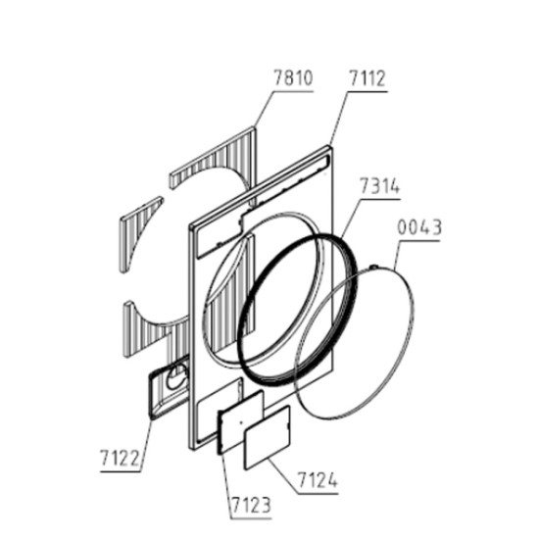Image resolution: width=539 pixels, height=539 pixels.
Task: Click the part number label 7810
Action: tap(293, 78)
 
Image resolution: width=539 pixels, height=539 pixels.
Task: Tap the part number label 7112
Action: tap(367, 78)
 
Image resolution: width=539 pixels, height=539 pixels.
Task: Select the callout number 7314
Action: tap(380, 186)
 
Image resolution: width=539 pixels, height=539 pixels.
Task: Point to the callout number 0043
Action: tap(419, 227)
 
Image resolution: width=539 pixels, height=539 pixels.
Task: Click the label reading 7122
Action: tap(120, 459)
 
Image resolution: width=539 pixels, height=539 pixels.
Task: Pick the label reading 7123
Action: tap(251, 506)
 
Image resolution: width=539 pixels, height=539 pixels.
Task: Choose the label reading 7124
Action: tap(318, 480)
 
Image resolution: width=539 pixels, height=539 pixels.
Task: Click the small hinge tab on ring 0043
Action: tap(374, 267)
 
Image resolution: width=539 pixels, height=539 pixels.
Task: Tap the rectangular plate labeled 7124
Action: tap(268, 437)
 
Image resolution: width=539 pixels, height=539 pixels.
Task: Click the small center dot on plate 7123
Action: tap(241, 422)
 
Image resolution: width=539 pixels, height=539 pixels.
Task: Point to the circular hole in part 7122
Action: tap(176, 377)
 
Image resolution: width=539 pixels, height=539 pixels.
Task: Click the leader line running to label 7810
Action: tap(264, 109)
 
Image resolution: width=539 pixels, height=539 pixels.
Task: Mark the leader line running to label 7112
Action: tap(339, 119)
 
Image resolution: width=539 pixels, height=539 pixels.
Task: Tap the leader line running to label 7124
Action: tap(283, 476)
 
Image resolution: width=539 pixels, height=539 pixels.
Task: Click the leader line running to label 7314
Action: tap(352, 218)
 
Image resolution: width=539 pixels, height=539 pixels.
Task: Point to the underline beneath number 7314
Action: tap(381, 199)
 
